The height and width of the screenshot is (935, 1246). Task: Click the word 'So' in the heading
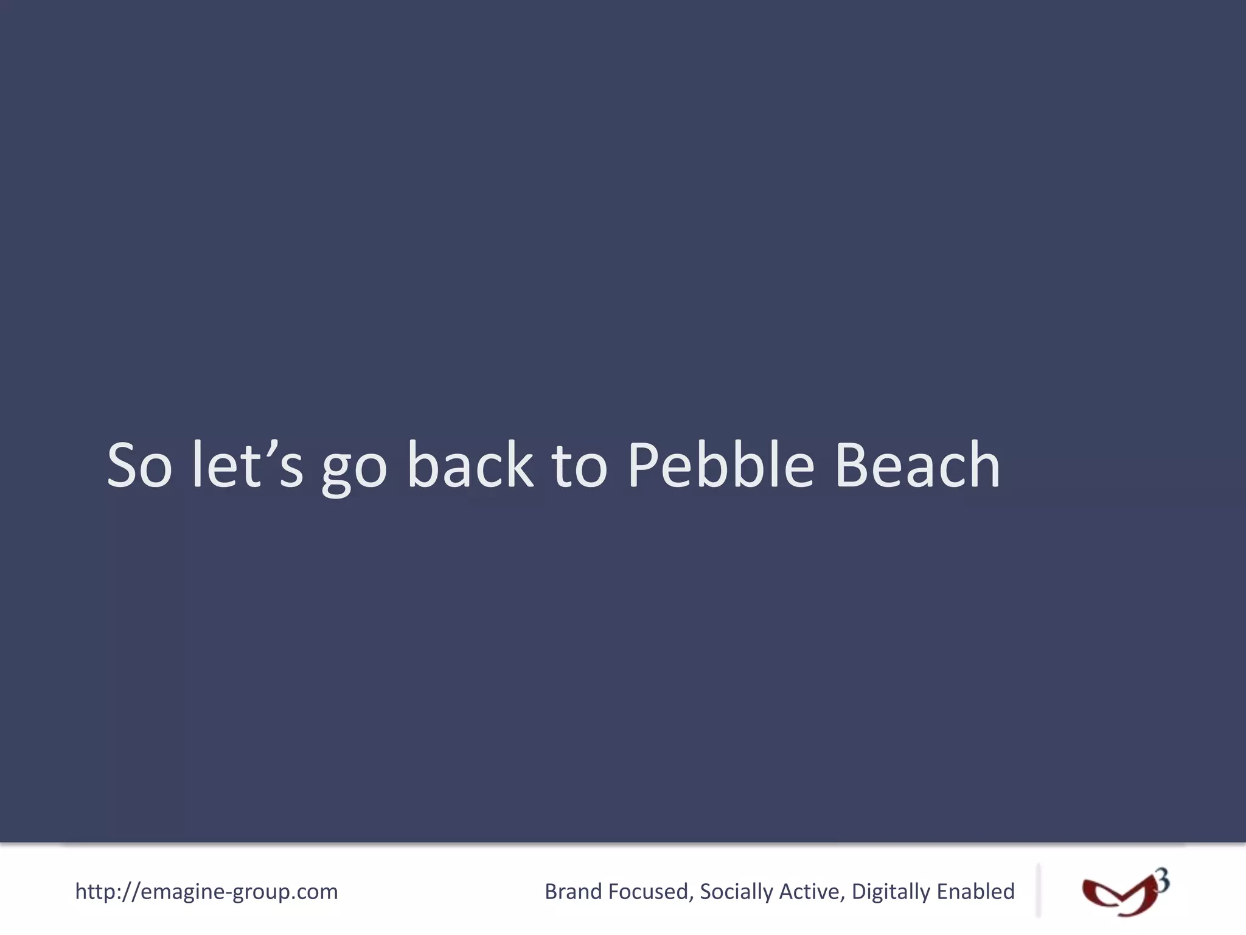pos(139,466)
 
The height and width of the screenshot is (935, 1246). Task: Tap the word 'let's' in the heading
pos(247,466)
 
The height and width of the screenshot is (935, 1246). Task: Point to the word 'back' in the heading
pos(470,466)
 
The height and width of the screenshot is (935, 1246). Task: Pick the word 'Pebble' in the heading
pos(720,466)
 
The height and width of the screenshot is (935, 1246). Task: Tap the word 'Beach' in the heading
pos(918,466)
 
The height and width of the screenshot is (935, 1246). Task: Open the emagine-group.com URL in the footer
pos(206,892)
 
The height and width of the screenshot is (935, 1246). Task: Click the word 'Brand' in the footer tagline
pos(573,892)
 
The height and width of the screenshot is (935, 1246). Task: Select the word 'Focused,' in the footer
pos(651,892)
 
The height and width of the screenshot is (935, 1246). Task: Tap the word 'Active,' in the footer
pos(812,892)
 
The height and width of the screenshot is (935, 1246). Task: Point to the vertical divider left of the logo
pos(1038,890)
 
